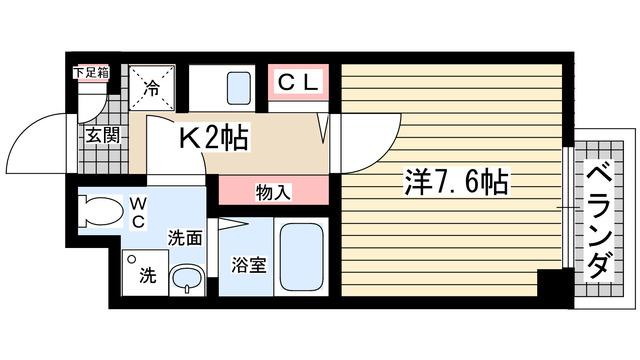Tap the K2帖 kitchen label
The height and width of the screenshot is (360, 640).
coord(213,137)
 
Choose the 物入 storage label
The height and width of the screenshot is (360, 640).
coord(273,190)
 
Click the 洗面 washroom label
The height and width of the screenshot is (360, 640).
coord(186,238)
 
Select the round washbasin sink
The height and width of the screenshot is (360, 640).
coord(184,278)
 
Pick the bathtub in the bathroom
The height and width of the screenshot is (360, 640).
coord(298,258)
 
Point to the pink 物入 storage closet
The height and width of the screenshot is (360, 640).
coord(273,190)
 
